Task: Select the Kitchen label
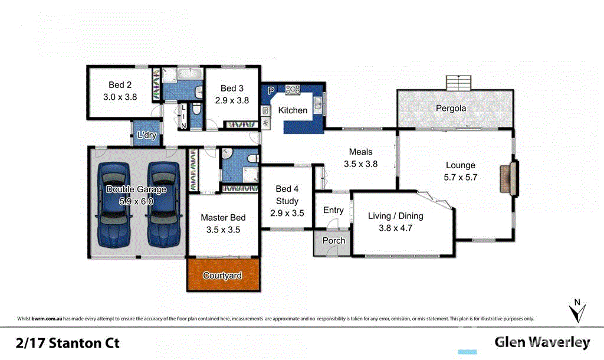pyautogui.click(x=293, y=110)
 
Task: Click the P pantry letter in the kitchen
pyautogui.click(x=271, y=91)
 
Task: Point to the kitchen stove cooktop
pyautogui.click(x=293, y=90)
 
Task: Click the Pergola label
pyautogui.click(x=451, y=109)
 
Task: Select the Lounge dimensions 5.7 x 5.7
pyautogui.click(x=460, y=176)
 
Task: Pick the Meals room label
pyautogui.click(x=360, y=152)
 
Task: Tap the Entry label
pyautogui.click(x=333, y=210)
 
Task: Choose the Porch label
pyautogui.click(x=333, y=241)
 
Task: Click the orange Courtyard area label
pyautogui.click(x=222, y=276)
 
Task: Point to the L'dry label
pyautogui.click(x=146, y=135)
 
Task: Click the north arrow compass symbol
pyautogui.click(x=577, y=310)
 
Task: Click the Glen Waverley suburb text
pyautogui.click(x=542, y=342)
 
